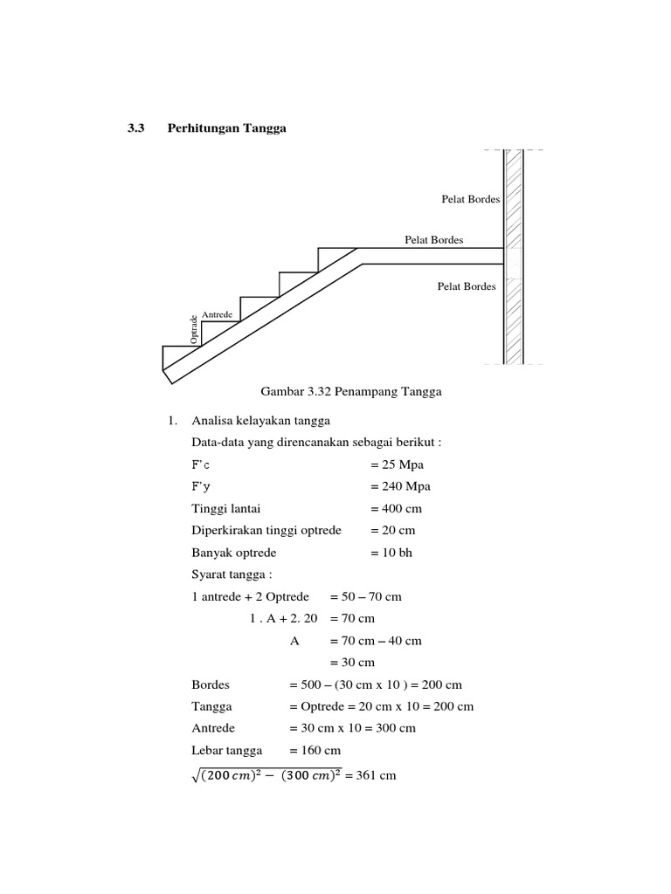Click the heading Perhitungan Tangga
(226, 128)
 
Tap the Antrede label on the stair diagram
(217, 313)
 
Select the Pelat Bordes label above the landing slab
(433, 239)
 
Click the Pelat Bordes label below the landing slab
(467, 285)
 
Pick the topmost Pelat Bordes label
(471, 199)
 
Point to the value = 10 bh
(391, 553)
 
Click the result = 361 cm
(370, 774)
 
